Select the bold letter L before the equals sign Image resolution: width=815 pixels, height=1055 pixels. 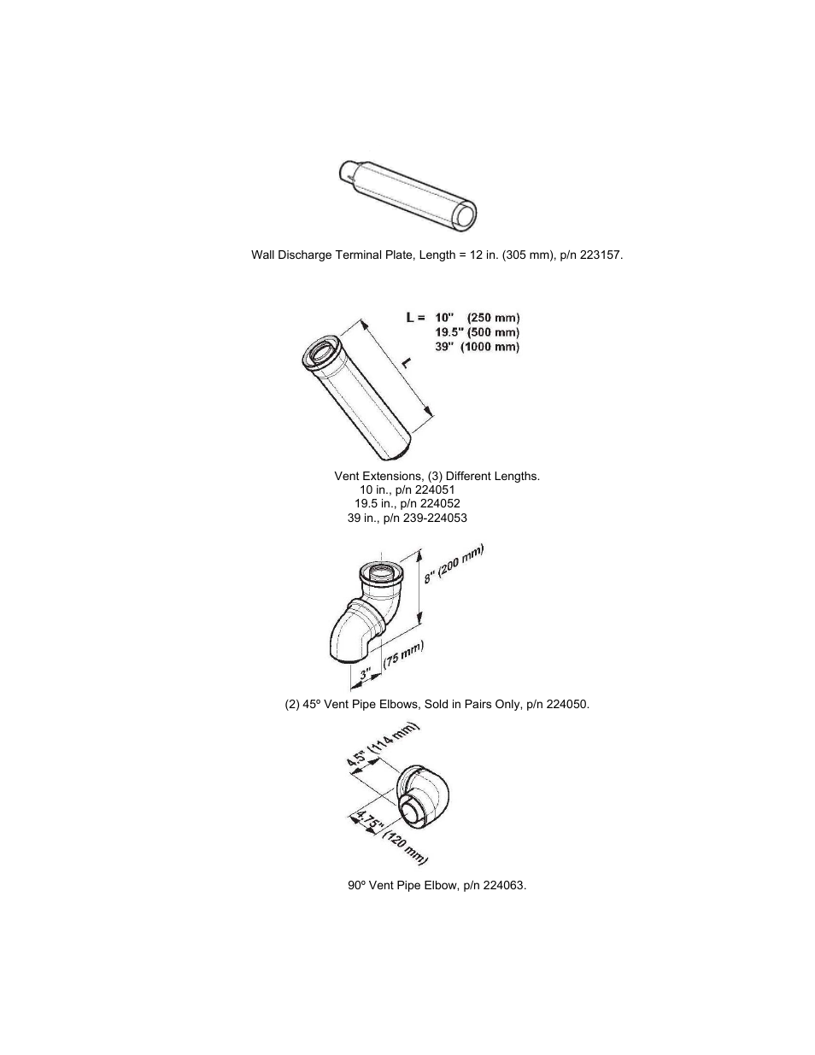[x=410, y=317]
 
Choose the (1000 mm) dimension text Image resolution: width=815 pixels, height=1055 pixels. [x=490, y=347]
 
